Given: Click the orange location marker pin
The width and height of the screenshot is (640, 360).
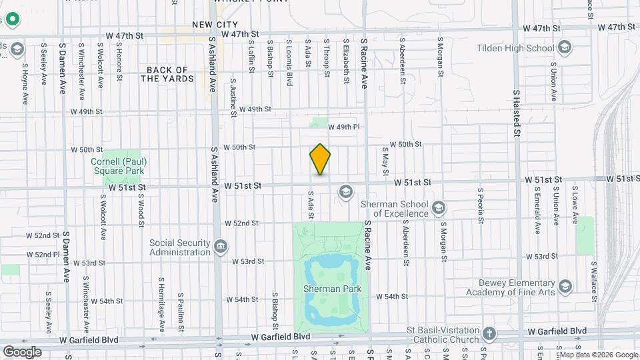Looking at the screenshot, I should pyautogui.click(x=320, y=159).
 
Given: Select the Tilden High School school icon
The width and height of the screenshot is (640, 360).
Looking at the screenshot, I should pyautogui.click(x=565, y=47).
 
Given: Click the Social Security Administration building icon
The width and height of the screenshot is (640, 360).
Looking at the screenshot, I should pyautogui.click(x=219, y=248).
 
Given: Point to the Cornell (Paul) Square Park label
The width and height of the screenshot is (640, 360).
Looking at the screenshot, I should pyautogui.click(x=119, y=166).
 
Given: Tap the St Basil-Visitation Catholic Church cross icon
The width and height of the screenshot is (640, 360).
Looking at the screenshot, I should pyautogui.click(x=489, y=332).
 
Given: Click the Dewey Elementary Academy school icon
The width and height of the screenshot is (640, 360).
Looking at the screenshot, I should pyautogui.click(x=565, y=287).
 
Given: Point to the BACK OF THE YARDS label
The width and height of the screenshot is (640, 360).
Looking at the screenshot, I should pyautogui.click(x=167, y=74).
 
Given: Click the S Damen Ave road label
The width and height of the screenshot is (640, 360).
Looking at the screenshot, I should pyautogui.click(x=62, y=69).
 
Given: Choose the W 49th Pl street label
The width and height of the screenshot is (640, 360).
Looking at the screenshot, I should pyautogui.click(x=347, y=127).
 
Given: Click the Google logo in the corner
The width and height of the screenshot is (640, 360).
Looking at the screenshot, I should pyautogui.click(x=21, y=351).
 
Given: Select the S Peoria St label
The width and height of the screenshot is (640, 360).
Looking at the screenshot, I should pyautogui.click(x=479, y=208).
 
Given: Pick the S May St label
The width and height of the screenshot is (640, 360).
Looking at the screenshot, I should pyautogui.click(x=385, y=161).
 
